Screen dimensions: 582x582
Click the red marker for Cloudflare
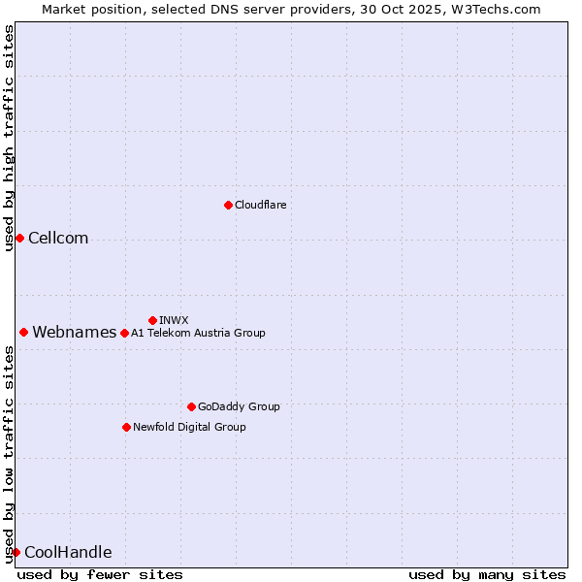click(x=228, y=205)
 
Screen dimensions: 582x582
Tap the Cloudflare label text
click(x=260, y=205)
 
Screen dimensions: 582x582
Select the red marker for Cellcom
click(x=19, y=239)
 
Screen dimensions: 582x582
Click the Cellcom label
click(x=58, y=239)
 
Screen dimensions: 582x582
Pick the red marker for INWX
click(x=152, y=320)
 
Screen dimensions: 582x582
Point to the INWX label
click(x=174, y=320)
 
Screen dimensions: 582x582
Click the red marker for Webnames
click(x=23, y=333)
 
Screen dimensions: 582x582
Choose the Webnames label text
click(x=74, y=333)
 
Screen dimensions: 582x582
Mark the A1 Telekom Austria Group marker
click(x=124, y=333)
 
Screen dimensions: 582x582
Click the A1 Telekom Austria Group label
click(x=198, y=333)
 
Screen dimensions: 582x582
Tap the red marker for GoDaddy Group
click(x=191, y=406)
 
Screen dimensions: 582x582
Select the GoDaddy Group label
click(x=239, y=406)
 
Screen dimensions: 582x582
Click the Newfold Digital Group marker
click(x=126, y=427)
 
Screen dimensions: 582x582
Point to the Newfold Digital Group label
click(x=189, y=427)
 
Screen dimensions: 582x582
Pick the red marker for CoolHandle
click(x=16, y=553)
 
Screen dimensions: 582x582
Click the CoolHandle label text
click(x=68, y=553)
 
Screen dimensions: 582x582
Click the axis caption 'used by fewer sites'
click(x=100, y=574)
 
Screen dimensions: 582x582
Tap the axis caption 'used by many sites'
click(x=486, y=574)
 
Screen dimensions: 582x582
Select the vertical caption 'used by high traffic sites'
click(x=9, y=138)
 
